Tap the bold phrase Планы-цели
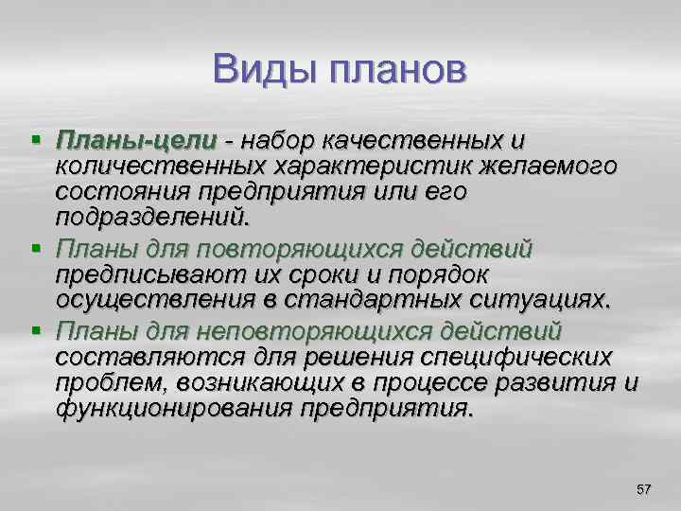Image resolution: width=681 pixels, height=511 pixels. click(136, 141)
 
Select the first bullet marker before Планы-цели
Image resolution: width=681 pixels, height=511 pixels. click(36, 141)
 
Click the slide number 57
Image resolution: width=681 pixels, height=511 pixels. click(644, 488)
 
